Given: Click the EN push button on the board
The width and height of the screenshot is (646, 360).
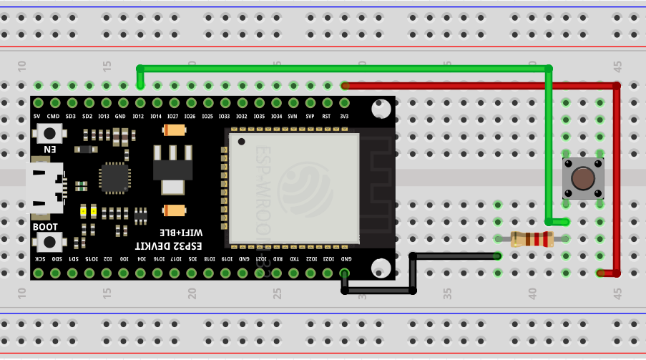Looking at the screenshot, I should pos(49,133).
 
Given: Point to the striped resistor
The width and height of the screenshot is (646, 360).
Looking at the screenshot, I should pos(532,239).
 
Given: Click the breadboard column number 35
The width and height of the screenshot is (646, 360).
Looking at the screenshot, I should pos(447,293).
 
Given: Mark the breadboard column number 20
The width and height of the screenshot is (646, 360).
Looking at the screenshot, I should pos(192,293).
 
